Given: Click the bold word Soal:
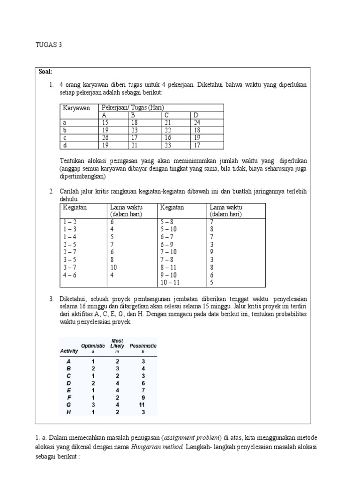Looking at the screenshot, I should pos(45,72).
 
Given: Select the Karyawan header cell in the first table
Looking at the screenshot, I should pos(76,108).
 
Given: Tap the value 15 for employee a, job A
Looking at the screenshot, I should pos(105,123).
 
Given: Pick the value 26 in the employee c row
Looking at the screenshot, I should pos(105,138).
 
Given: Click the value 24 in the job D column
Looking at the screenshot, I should pos(196,123).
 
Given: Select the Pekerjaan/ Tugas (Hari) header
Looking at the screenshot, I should pos(133,108).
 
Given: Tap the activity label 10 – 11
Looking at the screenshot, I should pos(170,282).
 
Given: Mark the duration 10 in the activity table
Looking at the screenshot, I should pos(114,267).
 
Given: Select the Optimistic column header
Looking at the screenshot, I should pos(92,345).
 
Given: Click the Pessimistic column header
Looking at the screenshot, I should pos(143,345).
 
